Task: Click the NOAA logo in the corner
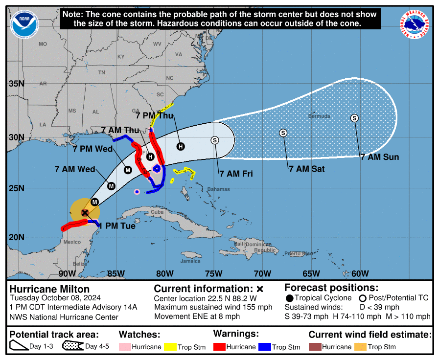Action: point(25,24)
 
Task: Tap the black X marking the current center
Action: point(85,212)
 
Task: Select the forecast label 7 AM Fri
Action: point(236,174)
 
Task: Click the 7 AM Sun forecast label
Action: point(379,157)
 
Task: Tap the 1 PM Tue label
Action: point(117,226)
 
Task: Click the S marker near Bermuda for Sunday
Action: point(354,118)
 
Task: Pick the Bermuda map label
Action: point(319,116)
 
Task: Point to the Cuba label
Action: point(157,212)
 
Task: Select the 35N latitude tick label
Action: point(16,84)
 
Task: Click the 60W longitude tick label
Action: point(360,273)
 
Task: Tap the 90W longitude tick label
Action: point(67,273)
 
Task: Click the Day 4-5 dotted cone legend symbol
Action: point(73,347)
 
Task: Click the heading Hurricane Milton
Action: point(49,289)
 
